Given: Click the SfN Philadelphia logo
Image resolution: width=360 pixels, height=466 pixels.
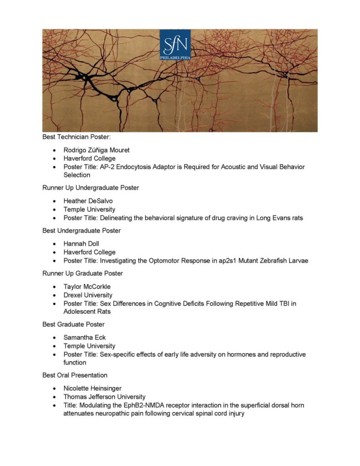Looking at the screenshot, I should coord(175,45).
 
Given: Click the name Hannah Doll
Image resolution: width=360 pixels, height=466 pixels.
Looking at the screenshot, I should coord(81,243).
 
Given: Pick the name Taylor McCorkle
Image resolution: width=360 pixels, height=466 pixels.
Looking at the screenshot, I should coord(87,287).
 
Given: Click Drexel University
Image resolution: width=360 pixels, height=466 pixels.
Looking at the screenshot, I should coord(88,295).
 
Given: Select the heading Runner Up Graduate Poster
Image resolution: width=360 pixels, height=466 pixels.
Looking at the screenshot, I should coord(83,274).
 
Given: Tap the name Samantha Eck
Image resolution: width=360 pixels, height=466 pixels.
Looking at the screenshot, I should coord(85,338).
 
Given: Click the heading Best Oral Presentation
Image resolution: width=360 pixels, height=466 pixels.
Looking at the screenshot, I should coord(75,375).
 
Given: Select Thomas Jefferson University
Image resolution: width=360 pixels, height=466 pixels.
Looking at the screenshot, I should coord(105,397).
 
